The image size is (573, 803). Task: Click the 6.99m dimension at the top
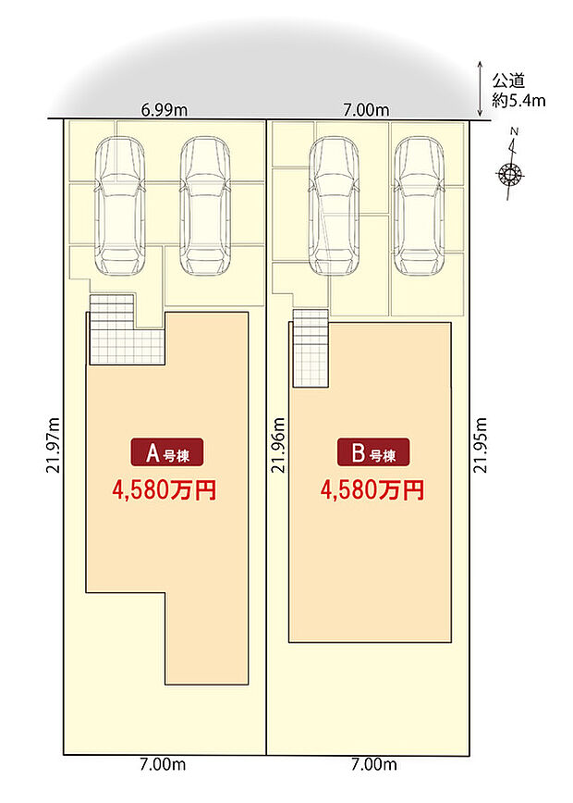165,110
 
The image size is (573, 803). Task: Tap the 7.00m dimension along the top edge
366,110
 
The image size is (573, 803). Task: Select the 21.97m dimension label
54,446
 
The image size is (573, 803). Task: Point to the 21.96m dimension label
278,446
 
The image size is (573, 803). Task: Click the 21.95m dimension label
480,446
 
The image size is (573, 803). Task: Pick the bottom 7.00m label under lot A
163,764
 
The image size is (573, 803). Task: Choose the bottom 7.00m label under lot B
374,764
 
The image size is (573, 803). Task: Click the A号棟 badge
167,452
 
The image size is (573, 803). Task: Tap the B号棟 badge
373,452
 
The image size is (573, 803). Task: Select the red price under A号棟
165,490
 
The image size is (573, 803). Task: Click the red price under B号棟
372,490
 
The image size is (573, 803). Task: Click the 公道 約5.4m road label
518,90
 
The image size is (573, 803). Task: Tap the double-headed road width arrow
480,89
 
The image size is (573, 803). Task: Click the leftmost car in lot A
120,206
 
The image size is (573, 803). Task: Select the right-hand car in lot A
204,206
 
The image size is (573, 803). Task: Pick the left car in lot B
334,206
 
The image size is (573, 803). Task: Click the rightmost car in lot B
419,206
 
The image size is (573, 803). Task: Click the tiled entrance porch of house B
311,348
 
